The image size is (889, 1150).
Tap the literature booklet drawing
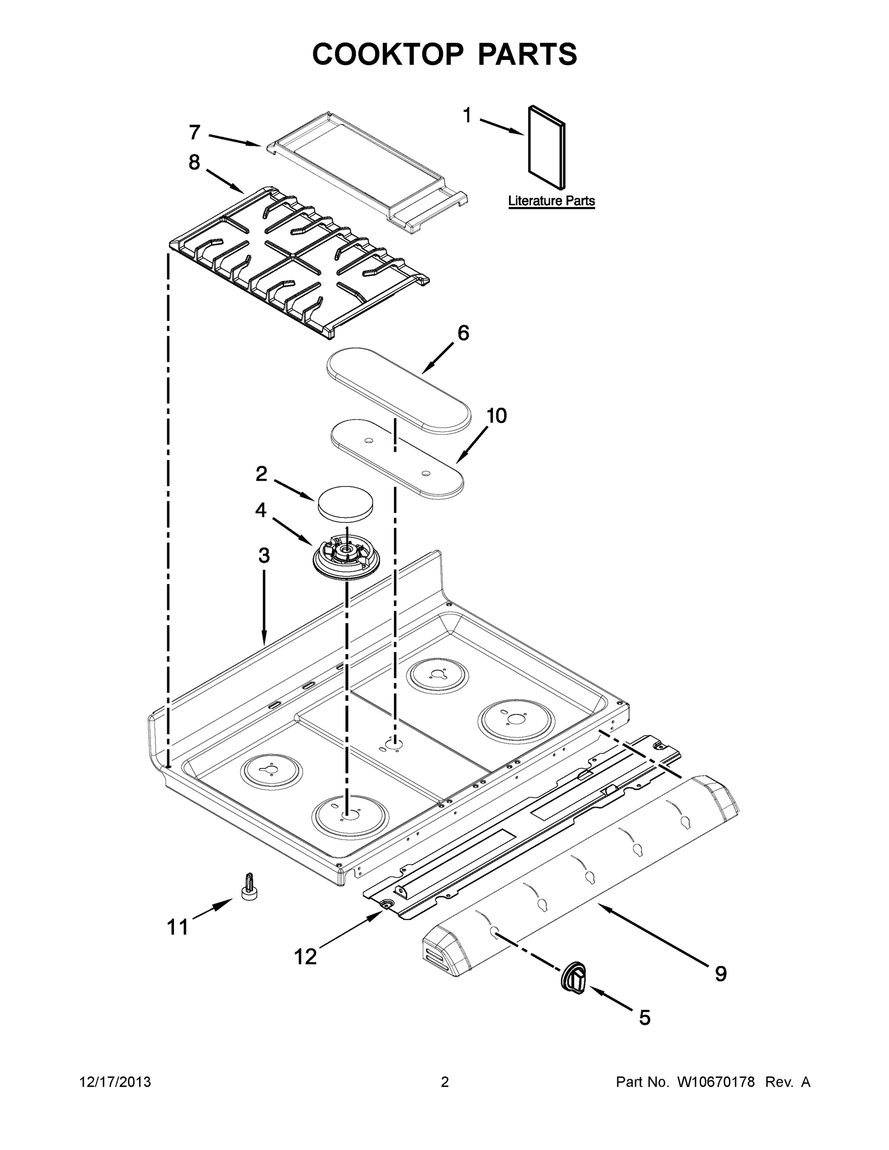tap(546, 147)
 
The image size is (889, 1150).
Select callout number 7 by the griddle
tap(195, 132)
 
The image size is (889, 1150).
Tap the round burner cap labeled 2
tap(346, 502)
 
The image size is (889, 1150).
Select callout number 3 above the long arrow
tap(264, 555)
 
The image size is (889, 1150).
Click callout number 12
tap(305, 956)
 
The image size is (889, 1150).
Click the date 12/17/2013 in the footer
tap(115, 1081)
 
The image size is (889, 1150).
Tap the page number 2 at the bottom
tap(445, 1081)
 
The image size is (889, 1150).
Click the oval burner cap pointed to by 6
tap(398, 390)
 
